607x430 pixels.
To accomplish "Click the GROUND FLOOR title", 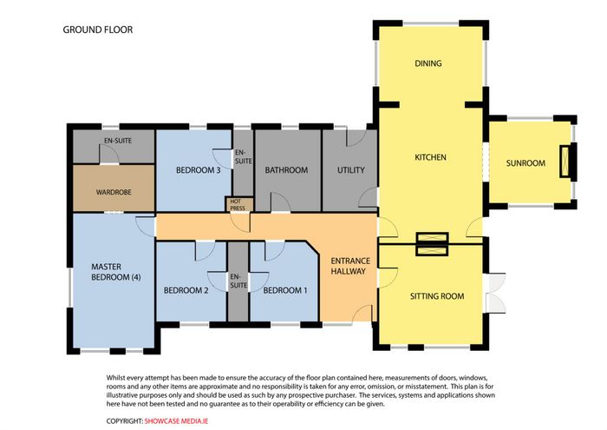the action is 97,30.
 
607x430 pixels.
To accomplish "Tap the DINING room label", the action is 428,63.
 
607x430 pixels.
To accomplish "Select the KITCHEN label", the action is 430,157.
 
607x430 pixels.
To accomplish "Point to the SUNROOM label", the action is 525,163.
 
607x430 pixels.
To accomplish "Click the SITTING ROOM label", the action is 437,296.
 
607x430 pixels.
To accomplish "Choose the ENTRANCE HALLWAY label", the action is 350,266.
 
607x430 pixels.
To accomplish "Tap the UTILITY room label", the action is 350,170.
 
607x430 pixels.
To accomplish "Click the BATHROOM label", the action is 286,170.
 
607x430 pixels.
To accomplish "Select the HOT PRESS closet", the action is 238,205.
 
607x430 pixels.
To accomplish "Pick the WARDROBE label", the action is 114,192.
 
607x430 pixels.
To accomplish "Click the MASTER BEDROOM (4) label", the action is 115,272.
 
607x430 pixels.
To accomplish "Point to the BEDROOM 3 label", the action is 199,170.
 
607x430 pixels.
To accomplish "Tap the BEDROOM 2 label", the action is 186,290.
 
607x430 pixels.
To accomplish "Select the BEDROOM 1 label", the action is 285,290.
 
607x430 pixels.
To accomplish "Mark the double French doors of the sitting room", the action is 495,293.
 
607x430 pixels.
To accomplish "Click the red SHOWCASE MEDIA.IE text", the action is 176,421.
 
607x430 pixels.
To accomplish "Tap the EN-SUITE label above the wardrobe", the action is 118,141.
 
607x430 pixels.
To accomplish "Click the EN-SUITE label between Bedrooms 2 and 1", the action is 238,281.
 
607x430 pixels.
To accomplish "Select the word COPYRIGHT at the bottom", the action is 125,421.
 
